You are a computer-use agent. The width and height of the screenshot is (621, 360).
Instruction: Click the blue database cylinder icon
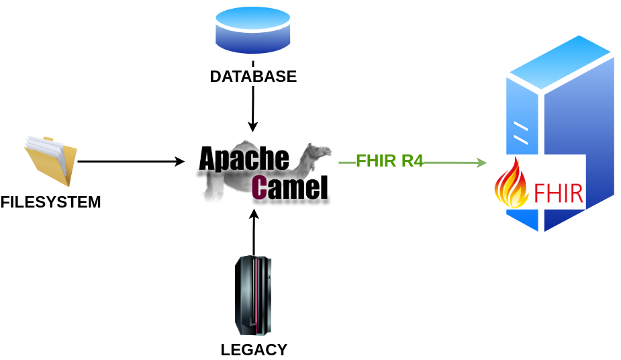[253, 30]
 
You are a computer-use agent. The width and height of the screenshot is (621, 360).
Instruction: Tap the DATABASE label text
[253, 77]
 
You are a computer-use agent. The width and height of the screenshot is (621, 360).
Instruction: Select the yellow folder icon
[50, 160]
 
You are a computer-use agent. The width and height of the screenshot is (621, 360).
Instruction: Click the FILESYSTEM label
[50, 202]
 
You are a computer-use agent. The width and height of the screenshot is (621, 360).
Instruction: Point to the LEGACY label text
[254, 350]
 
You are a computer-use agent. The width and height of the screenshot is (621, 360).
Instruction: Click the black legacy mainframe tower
[254, 296]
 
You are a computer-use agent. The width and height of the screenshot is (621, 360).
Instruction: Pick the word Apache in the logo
[244, 159]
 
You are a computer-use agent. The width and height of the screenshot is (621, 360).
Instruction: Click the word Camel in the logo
[290, 188]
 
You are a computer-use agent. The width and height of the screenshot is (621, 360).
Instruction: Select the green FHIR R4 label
[389, 161]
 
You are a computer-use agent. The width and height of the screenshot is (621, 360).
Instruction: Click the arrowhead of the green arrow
[481, 163]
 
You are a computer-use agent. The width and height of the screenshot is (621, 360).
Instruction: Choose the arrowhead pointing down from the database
[253, 127]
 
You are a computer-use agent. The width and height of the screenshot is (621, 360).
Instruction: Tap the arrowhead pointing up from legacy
[254, 214]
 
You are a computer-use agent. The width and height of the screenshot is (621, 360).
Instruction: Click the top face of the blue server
[561, 64]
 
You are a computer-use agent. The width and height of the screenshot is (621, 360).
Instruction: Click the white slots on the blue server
[521, 133]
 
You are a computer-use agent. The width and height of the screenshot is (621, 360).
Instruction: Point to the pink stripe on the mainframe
[256, 296]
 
